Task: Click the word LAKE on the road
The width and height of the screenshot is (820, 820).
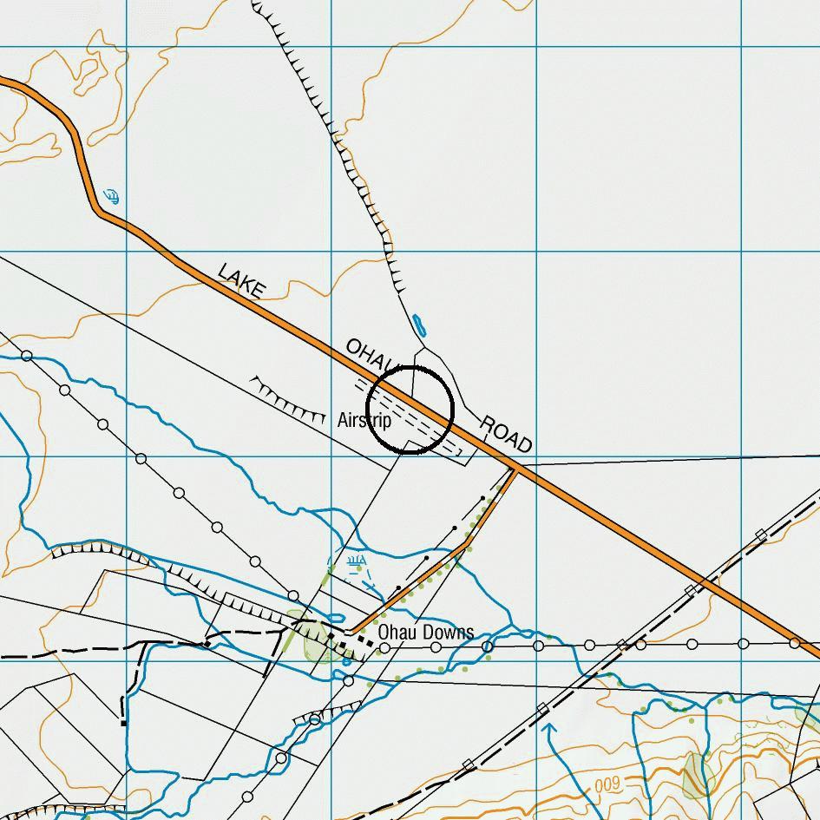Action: pyautogui.click(x=240, y=282)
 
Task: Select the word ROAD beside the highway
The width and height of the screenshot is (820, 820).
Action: pyautogui.click(x=505, y=434)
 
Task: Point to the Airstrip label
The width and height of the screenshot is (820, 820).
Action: pyautogui.click(x=364, y=421)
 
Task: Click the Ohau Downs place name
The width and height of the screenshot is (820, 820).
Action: pyautogui.click(x=426, y=632)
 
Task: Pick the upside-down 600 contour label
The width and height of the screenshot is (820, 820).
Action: pyautogui.click(x=608, y=784)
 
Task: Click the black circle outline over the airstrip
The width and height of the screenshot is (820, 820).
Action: pyautogui.click(x=410, y=410)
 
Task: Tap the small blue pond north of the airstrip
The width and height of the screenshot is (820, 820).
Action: pyautogui.click(x=421, y=325)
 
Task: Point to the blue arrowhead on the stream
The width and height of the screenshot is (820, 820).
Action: pyautogui.click(x=548, y=729)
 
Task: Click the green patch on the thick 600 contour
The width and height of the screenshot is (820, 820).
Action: pyautogui.click(x=696, y=774)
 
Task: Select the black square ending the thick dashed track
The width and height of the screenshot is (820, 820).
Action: pyautogui.click(x=123, y=722)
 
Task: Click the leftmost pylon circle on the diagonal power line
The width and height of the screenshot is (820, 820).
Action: pyautogui.click(x=27, y=356)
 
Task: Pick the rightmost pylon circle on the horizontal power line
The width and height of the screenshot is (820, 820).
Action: pyautogui.click(x=795, y=643)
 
